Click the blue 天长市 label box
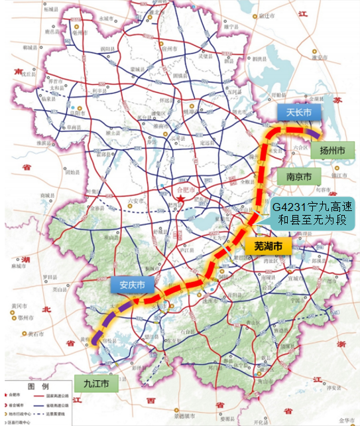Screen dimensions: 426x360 [298, 112]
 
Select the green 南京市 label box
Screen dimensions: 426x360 [300, 177]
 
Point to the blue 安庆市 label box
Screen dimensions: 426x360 [132, 286]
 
